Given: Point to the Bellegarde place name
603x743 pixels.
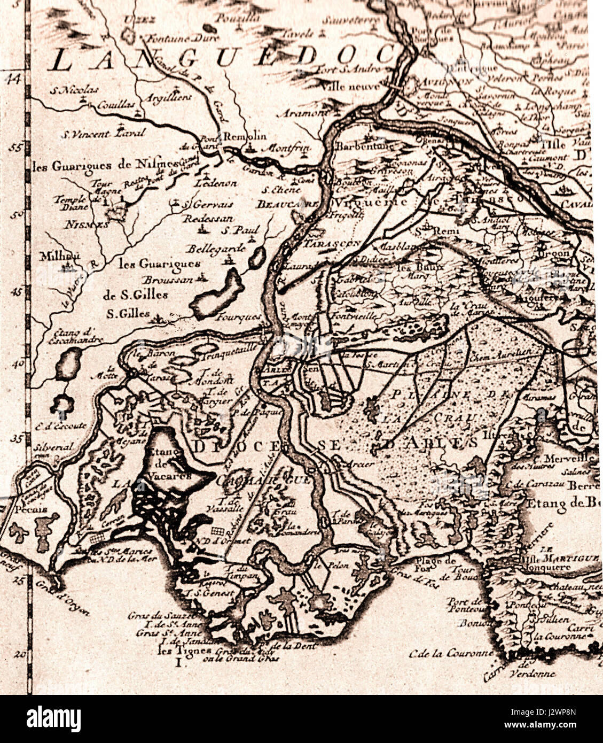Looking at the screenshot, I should (216, 249).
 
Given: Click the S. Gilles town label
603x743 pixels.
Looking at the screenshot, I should (128, 314).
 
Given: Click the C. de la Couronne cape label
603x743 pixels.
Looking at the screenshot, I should (443, 653).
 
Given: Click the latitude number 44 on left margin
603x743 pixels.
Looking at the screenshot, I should (12, 79).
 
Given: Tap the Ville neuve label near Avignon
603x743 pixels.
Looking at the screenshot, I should (354, 86).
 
